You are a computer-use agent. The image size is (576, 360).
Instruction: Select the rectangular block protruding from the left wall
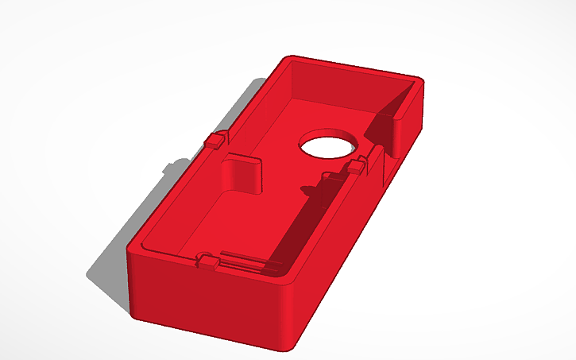click(x=243, y=173)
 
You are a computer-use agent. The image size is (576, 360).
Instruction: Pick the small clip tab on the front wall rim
click(x=207, y=261)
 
